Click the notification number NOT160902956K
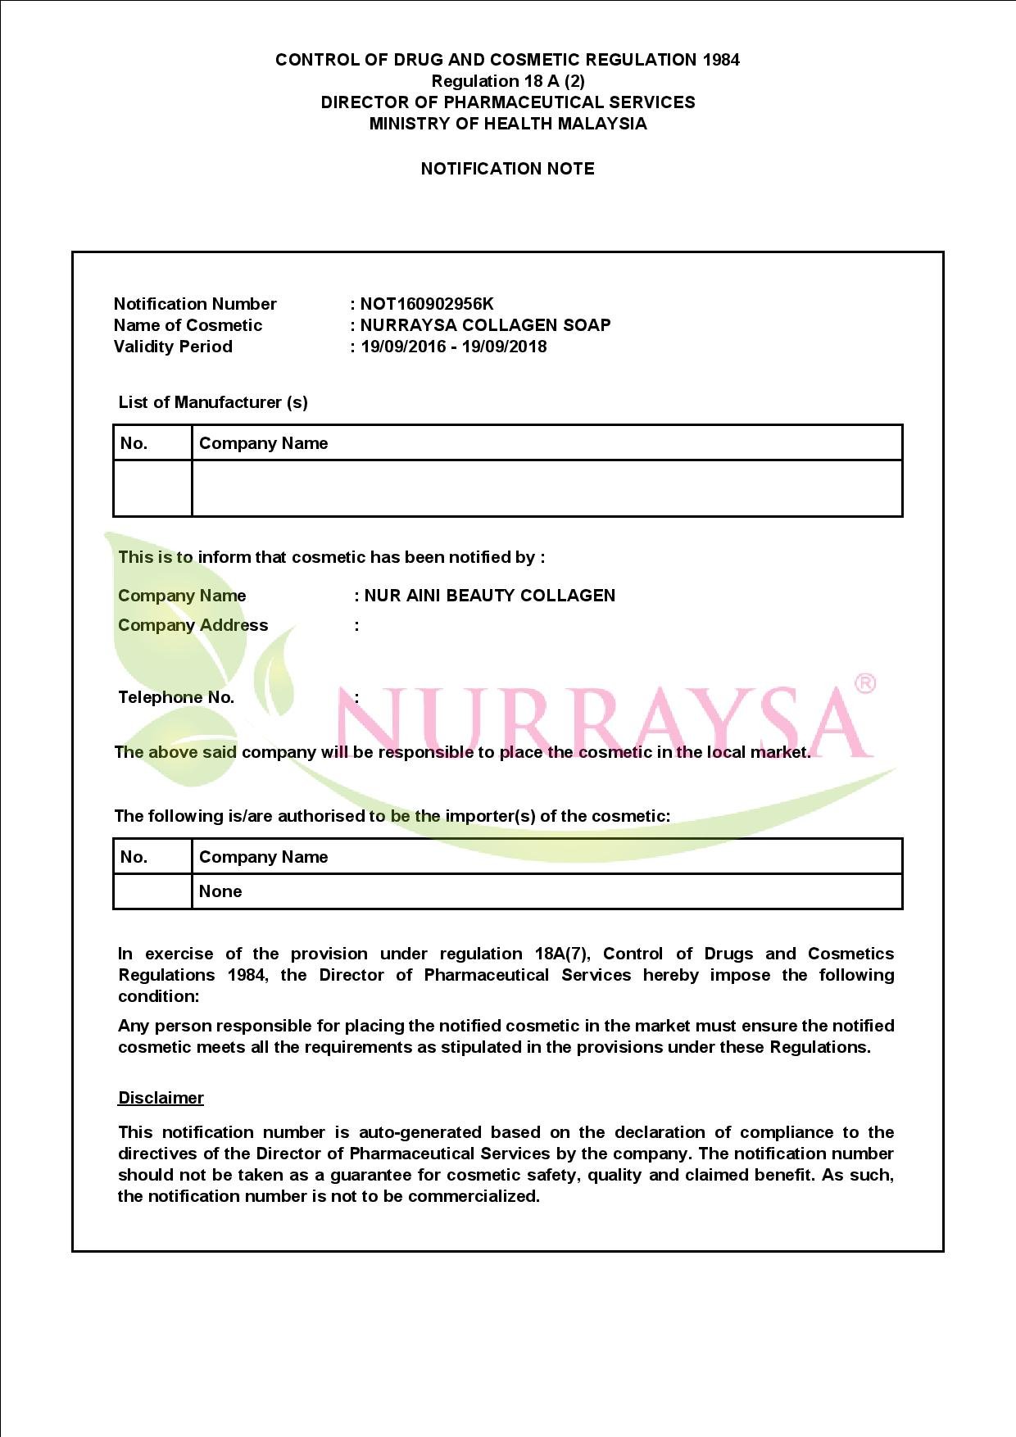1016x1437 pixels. click(427, 304)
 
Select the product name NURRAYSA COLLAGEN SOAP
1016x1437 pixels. click(485, 325)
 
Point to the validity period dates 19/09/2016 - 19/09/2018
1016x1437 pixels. click(453, 347)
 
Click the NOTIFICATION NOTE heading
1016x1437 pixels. click(507, 169)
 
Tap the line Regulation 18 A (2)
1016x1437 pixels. click(508, 81)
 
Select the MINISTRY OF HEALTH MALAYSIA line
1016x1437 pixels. click(508, 124)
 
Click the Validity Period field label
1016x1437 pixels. click(173, 347)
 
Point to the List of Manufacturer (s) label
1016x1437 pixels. click(213, 402)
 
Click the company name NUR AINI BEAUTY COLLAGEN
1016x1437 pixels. click(489, 596)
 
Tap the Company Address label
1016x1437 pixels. click(193, 625)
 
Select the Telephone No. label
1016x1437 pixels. click(176, 697)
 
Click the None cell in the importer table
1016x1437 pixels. click(220, 891)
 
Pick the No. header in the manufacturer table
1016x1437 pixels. click(134, 443)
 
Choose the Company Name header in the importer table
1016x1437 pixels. click(263, 857)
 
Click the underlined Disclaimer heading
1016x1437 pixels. click(161, 1098)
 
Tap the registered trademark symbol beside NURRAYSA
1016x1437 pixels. click(864, 683)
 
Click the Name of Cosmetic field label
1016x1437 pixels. click(188, 325)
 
